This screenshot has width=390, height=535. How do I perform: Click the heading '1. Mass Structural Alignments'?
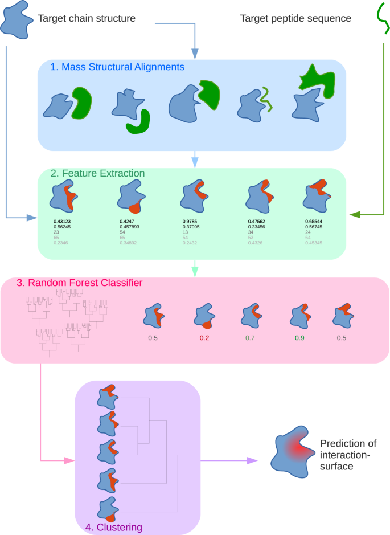(117, 67)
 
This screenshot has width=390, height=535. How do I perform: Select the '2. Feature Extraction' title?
(97, 173)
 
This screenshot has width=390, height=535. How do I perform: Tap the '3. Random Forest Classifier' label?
(79, 283)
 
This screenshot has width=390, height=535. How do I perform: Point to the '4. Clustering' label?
(113, 528)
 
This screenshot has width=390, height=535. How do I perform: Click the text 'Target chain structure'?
(87, 18)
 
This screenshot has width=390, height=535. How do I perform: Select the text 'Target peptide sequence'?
(295, 18)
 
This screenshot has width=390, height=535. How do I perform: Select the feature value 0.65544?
(318, 221)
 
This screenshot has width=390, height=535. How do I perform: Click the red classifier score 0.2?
(205, 338)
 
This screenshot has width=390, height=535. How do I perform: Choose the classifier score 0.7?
(251, 338)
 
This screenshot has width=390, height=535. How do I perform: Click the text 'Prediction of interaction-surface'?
(348, 455)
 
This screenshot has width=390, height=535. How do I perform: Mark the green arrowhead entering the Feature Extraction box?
(355, 214)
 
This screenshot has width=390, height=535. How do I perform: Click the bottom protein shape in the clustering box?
(108, 508)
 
